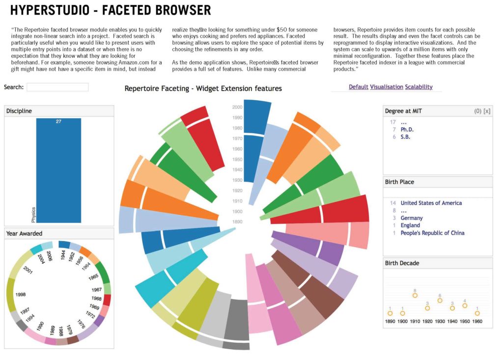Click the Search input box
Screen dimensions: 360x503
[57, 87]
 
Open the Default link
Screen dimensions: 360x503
[358, 87]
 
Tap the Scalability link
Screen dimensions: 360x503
[419, 87]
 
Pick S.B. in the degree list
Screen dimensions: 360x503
[405, 137]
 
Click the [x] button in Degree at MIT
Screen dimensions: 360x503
[487, 111]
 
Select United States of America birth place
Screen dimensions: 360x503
[431, 203]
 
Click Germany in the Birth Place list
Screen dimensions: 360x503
[411, 218]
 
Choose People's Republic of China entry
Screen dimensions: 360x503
[432, 233]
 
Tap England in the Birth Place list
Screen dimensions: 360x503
[410, 225]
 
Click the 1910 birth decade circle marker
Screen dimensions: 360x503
[415, 295]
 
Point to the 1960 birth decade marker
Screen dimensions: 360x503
[477, 313]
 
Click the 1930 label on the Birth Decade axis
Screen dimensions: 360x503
[440, 321]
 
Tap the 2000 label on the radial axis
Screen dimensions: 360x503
[237, 107]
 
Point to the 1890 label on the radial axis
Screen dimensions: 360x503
[237, 222]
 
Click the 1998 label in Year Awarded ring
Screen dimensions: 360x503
[21, 295]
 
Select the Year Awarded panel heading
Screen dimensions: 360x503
[24, 234]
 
